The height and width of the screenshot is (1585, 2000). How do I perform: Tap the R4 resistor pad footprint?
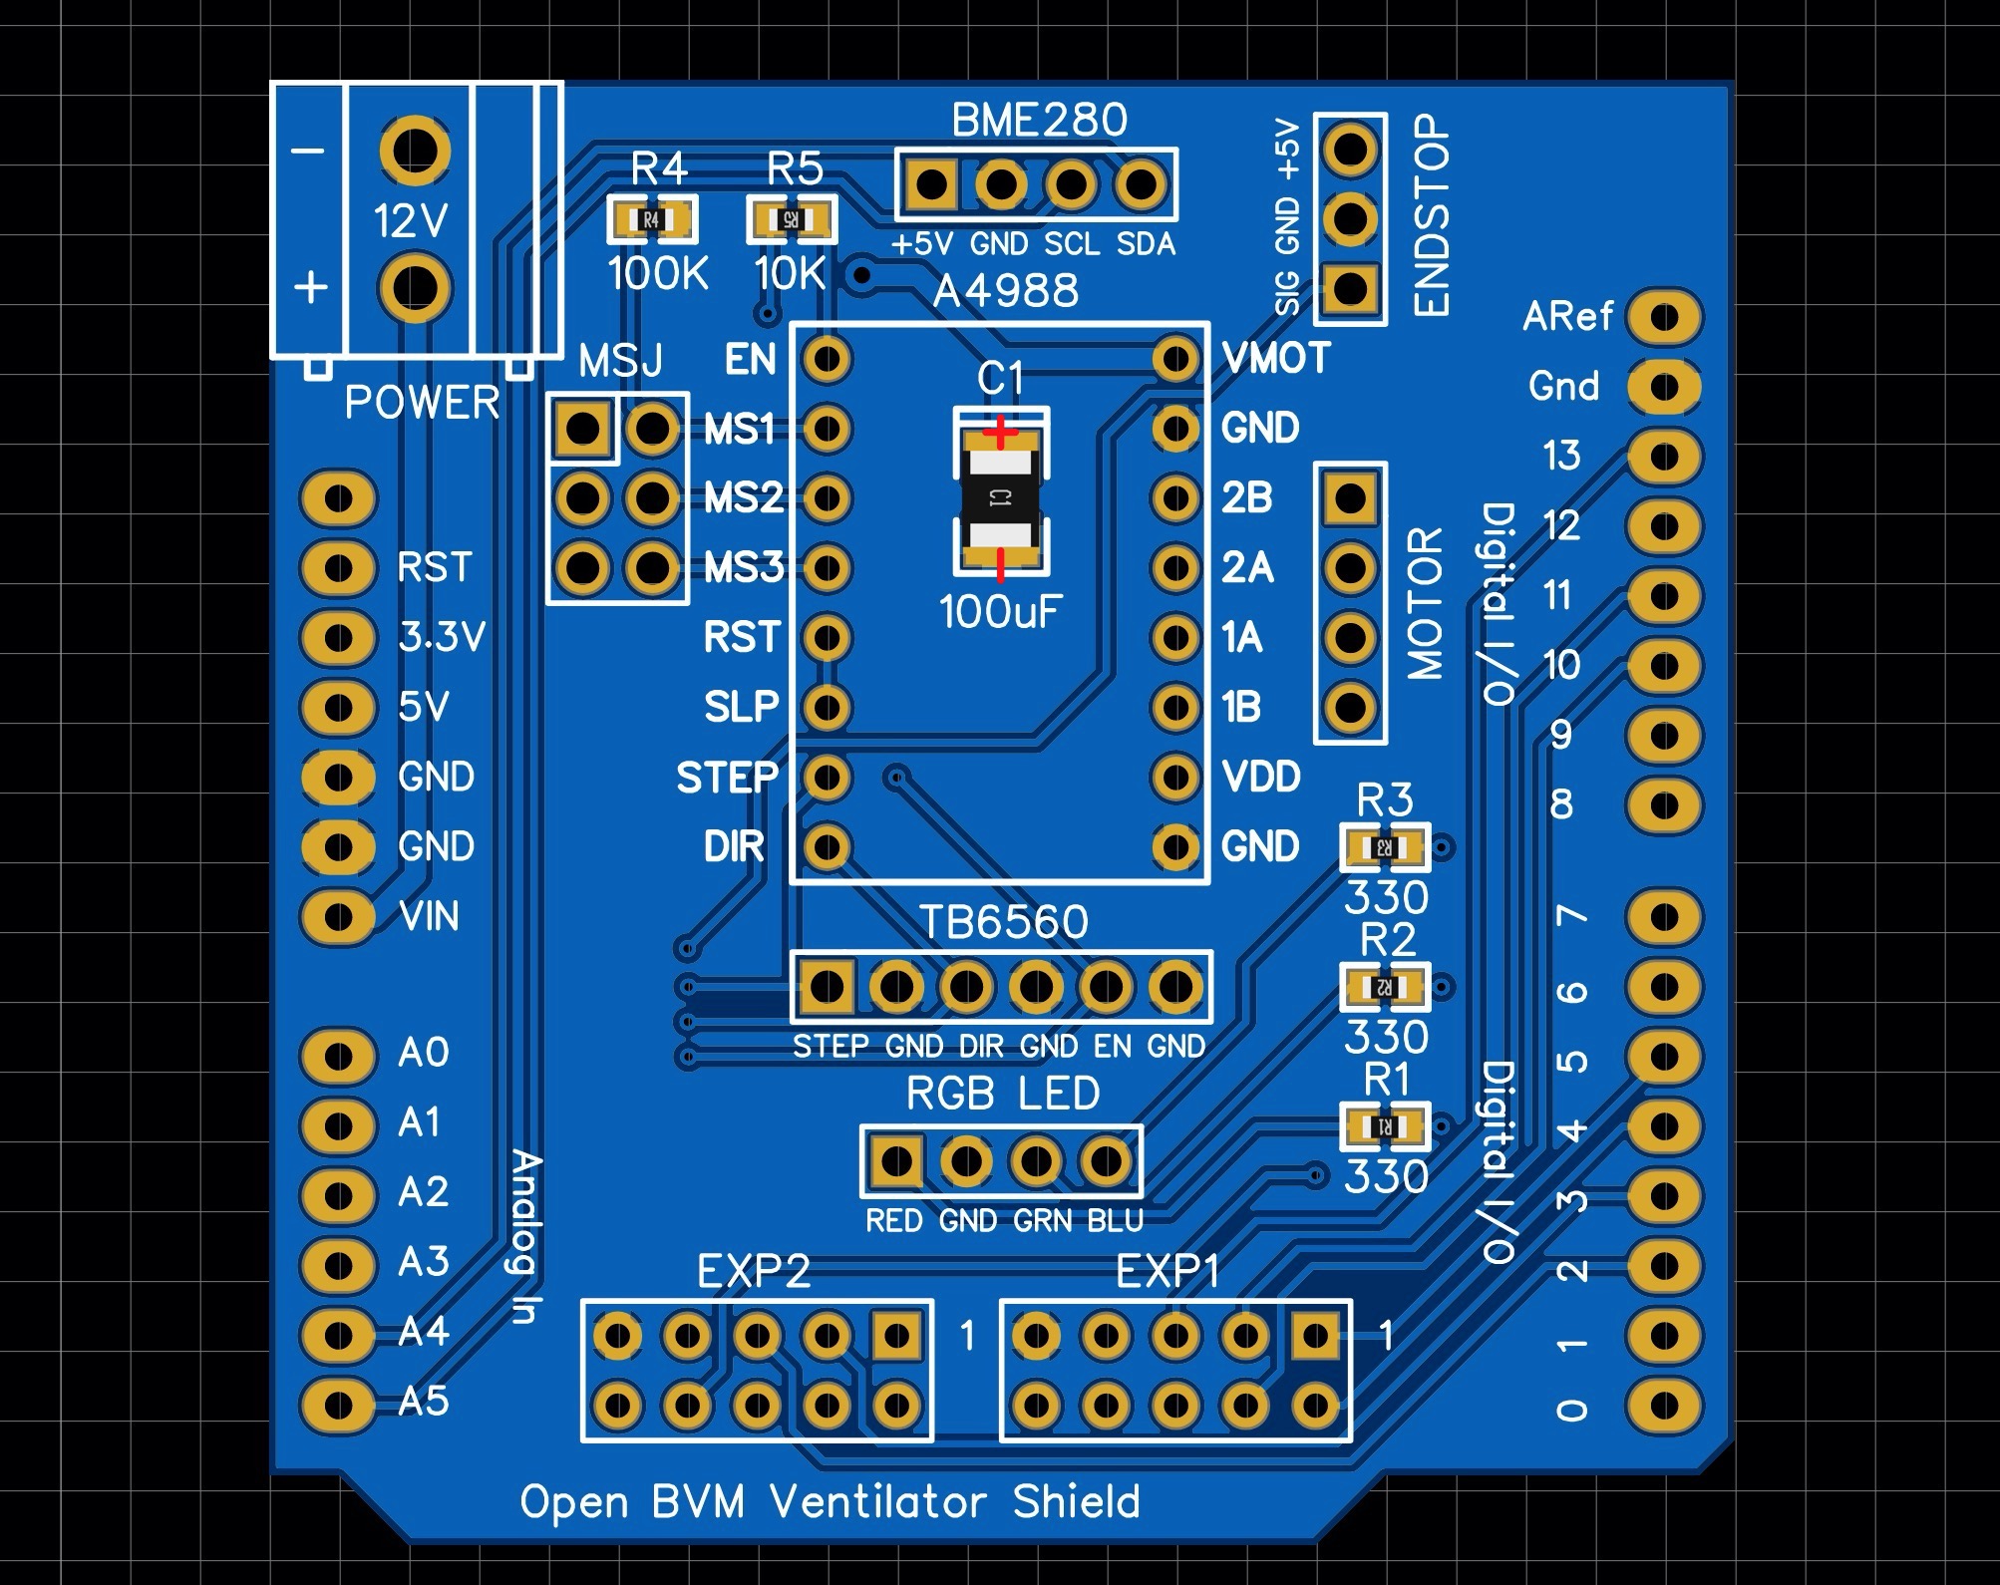tap(651, 219)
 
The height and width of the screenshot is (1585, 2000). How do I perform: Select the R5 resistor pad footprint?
tap(791, 219)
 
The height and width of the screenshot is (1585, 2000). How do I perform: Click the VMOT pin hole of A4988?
tap(1175, 359)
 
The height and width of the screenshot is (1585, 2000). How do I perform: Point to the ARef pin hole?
tap(1664, 318)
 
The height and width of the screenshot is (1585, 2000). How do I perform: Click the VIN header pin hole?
tap(338, 915)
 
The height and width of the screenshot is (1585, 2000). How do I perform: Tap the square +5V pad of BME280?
tap(931, 184)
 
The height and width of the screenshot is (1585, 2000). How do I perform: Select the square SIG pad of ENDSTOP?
tap(1350, 288)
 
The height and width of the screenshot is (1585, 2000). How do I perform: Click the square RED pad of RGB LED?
tap(896, 1160)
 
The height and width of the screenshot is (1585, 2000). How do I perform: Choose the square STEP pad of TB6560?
tap(827, 987)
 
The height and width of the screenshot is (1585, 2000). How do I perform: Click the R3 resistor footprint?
tap(1385, 847)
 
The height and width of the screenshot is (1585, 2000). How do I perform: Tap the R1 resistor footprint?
tap(1385, 1126)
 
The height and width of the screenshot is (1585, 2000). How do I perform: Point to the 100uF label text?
tap(1000, 612)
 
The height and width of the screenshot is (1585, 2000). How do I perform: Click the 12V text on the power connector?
tap(410, 220)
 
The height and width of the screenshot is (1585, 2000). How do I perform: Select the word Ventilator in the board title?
tap(878, 1501)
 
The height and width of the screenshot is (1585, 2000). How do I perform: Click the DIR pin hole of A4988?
tap(827, 847)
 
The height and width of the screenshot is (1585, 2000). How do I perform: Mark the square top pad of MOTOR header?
tap(1350, 497)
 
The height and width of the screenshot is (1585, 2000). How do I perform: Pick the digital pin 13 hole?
tap(1664, 457)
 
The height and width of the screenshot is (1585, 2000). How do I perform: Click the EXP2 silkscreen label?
tap(753, 1272)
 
